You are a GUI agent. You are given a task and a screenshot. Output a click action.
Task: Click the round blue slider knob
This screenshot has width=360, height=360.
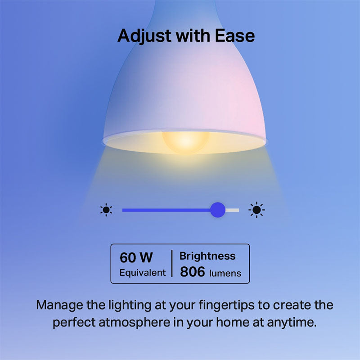tap(218, 209)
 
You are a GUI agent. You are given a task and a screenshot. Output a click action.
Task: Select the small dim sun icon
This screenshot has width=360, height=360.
tap(106, 209)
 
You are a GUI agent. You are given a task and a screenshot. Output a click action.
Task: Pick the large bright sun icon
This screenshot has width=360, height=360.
tap(256, 209)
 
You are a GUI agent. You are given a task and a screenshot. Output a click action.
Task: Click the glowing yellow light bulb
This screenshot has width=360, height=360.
tap(186, 140)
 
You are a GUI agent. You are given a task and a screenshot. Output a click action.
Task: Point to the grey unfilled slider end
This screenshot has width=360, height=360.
tap(233, 210)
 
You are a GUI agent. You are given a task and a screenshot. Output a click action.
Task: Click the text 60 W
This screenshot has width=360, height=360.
tap(136, 258)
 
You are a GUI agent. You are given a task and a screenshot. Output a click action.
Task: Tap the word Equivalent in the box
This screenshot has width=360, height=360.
tap(142, 273)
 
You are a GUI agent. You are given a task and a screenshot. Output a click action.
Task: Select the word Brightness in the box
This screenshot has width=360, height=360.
tap(207, 256)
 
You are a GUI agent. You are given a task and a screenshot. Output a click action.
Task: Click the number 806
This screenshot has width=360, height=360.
tap(193, 272)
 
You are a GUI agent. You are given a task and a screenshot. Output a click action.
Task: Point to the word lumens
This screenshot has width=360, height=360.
tap(225, 273)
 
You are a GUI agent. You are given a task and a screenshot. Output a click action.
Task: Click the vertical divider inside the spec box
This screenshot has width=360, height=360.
tap(172, 264)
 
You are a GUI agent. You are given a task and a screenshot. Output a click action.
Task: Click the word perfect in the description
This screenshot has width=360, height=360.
tap(74, 323)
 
